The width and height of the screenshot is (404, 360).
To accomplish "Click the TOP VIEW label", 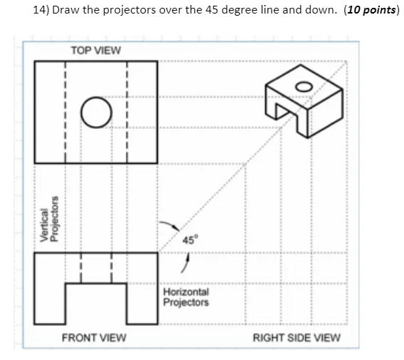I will point(96,51).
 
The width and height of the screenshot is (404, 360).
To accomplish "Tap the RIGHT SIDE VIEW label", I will point(297,337).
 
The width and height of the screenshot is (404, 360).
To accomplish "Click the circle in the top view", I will point(96,112).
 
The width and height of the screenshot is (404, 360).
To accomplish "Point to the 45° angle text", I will point(188,239).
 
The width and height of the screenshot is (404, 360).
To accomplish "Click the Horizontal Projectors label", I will point(186,297).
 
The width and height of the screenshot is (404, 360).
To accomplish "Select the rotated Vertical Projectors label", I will point(47,226).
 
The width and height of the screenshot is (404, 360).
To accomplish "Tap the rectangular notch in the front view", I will point(96,303).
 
